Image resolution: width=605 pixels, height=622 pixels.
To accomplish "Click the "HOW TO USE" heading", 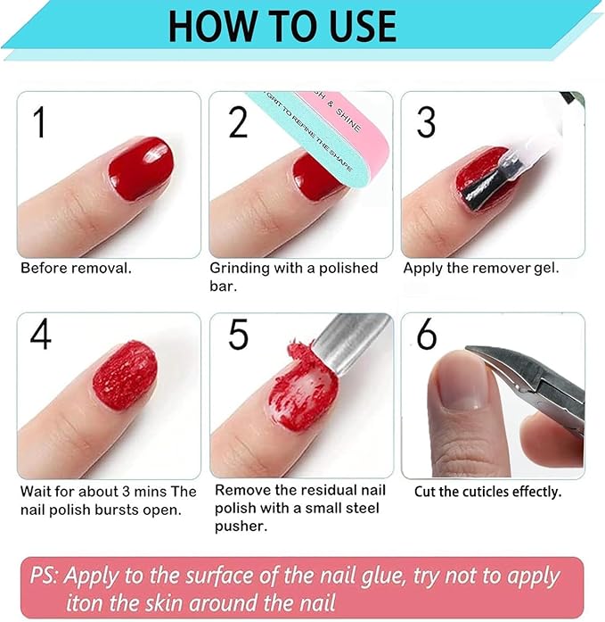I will [x=282, y=26].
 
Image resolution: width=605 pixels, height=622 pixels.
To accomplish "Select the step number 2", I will [x=237, y=120].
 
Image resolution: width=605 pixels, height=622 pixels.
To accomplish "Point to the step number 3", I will [x=426, y=120].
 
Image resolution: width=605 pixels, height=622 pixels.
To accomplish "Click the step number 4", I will [x=41, y=334].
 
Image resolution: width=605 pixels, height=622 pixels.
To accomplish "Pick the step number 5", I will [x=238, y=334].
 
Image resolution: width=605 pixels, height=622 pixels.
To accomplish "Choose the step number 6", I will [x=427, y=334].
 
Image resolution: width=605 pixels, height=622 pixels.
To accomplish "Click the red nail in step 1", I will [x=139, y=167].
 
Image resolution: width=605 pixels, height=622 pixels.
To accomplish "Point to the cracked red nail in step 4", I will [x=124, y=380].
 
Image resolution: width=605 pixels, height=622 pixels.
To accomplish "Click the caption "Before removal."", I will [x=75, y=268].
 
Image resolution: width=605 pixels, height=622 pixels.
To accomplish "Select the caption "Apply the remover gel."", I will [x=481, y=268].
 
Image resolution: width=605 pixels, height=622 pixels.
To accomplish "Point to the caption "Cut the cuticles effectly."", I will [x=487, y=491].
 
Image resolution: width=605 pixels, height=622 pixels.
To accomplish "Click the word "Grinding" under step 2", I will [x=238, y=268].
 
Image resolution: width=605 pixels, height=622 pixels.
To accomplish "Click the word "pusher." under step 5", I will [x=241, y=526].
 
